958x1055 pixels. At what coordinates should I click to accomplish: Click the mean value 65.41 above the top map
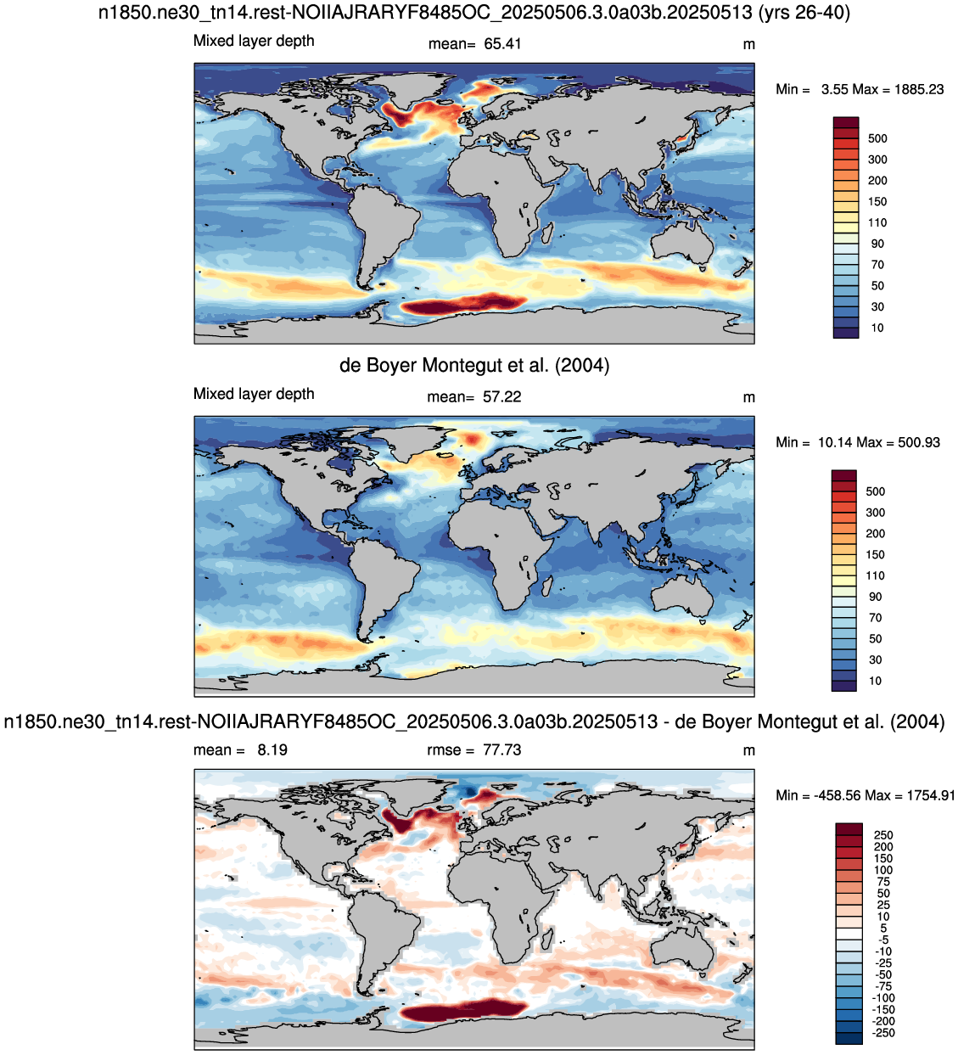coord(502,43)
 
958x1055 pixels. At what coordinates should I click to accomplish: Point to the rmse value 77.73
coord(502,749)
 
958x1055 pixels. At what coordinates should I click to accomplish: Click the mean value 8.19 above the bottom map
coord(272,749)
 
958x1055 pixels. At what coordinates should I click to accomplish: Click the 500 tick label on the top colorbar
coord(877,138)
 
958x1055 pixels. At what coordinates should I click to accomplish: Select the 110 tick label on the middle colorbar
coord(876,575)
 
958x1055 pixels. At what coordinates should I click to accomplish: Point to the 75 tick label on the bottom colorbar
coord(883,881)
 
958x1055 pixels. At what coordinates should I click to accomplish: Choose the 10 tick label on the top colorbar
coord(877,328)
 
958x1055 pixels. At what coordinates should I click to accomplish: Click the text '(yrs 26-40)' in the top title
coord(804,12)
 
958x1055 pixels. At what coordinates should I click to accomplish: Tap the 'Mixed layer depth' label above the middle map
coord(254,393)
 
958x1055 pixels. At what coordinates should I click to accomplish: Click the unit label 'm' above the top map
coord(748,44)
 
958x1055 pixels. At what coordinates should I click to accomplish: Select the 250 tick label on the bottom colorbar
coord(883,834)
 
